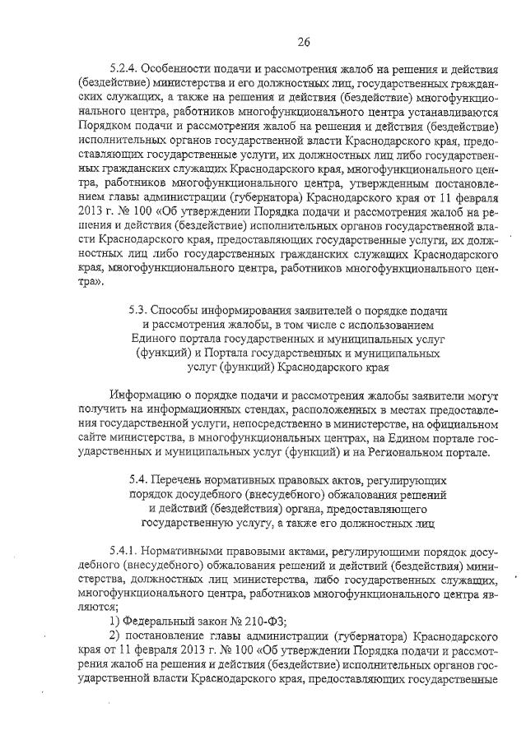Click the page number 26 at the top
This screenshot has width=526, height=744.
coord(304,42)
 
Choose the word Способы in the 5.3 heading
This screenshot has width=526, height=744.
coord(180,311)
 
